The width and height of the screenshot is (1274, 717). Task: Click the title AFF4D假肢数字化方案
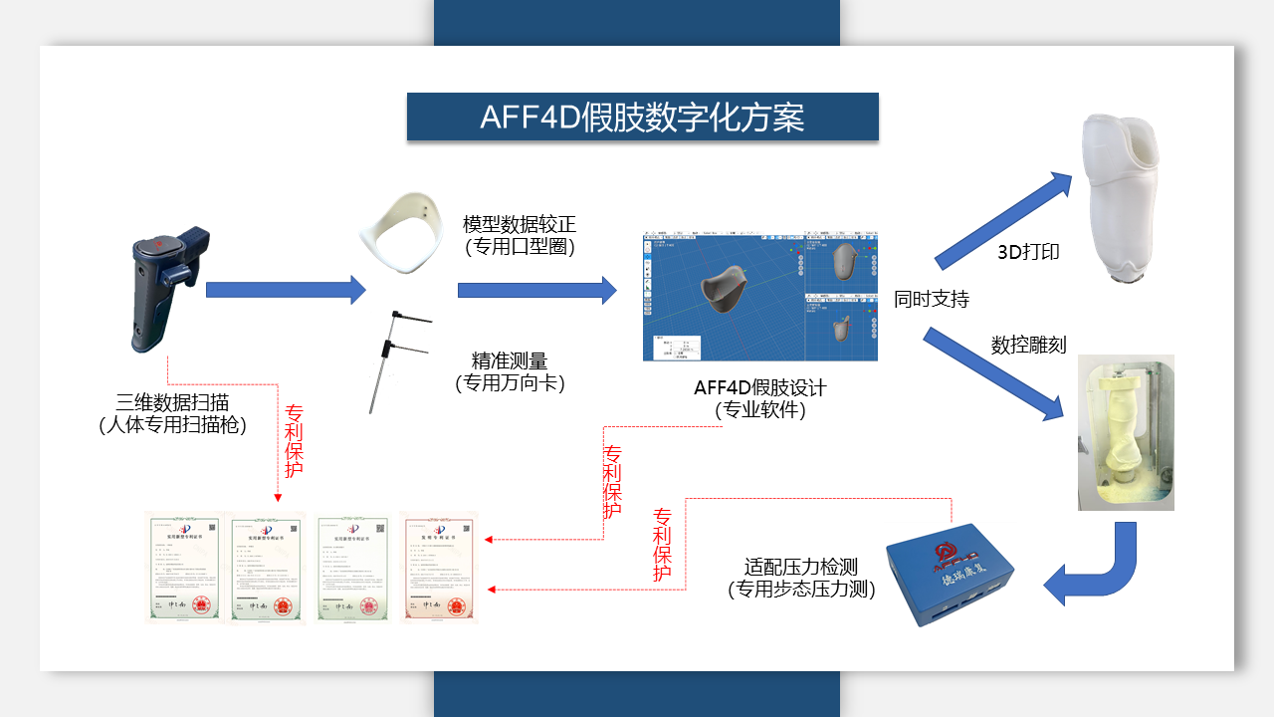642,118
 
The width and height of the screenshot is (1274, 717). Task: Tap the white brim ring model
401,235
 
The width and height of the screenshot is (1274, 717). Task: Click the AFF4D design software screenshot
760,297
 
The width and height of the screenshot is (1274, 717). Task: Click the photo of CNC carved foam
1126,432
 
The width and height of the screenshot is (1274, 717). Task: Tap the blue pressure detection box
951,576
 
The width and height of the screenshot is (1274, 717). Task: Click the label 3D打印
1028,252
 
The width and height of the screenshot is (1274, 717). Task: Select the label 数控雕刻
1028,345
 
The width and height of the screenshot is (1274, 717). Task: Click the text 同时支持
931,299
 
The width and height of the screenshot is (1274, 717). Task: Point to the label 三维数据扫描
172,402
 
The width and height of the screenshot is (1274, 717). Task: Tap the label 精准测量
510,360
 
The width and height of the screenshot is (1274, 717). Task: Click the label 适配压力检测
801,568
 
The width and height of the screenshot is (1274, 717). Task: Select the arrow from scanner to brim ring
286,290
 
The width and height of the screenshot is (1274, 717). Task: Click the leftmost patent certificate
184,568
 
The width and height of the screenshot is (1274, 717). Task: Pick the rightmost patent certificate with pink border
439,568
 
